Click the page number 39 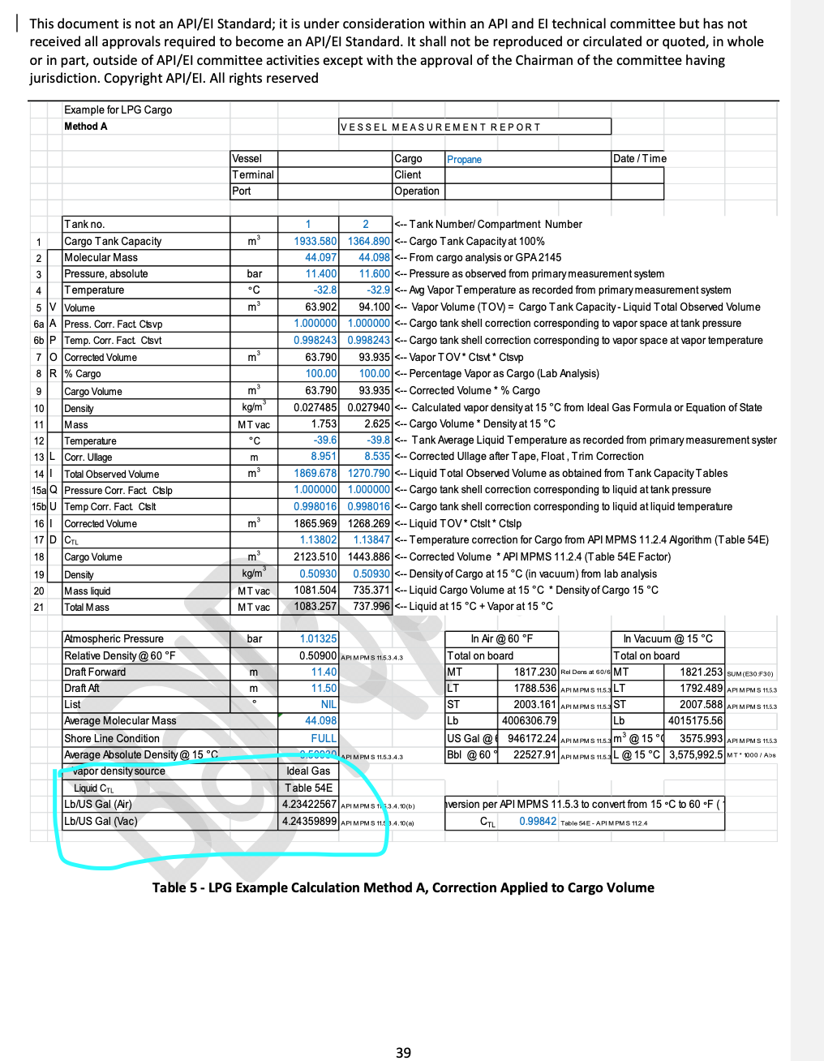coord(403,1052)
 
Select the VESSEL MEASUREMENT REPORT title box coord(474,127)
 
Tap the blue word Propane coord(464,159)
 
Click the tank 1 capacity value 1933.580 coord(315,241)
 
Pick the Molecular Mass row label coord(101,257)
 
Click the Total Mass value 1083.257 coord(315,607)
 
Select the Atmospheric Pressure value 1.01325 coord(318,639)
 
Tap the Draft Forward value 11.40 coord(324,672)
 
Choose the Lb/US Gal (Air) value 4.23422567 coord(309,805)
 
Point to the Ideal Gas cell coord(308,771)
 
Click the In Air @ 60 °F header coord(501,639)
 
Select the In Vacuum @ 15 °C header coord(667,639)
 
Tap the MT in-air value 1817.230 coord(534,672)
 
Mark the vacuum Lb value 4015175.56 coord(695,720)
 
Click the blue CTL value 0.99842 coord(538,821)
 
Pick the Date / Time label coord(640,159)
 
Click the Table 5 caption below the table coord(403,887)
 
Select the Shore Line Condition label coord(112,738)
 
